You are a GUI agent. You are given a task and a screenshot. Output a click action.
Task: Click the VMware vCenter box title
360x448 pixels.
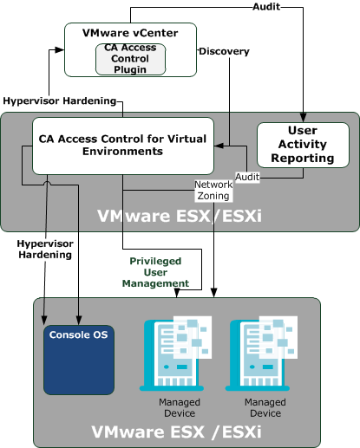[x=129, y=33]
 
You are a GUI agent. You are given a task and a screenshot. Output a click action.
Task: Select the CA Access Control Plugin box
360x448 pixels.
[x=130, y=58]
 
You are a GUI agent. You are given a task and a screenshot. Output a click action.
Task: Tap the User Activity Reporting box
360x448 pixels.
[x=303, y=145]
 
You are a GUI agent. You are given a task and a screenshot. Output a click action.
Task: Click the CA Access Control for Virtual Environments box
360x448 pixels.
[x=123, y=145]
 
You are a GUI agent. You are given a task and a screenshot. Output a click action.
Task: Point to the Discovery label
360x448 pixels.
[x=223, y=52]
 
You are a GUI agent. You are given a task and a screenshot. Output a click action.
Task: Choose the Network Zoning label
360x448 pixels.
[x=213, y=191]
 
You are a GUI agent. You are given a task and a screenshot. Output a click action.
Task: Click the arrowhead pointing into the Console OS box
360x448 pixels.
[x=78, y=317]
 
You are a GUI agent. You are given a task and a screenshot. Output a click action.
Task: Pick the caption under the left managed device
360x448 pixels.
[x=180, y=407]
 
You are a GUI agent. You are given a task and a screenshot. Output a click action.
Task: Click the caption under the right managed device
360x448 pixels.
[x=265, y=407]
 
